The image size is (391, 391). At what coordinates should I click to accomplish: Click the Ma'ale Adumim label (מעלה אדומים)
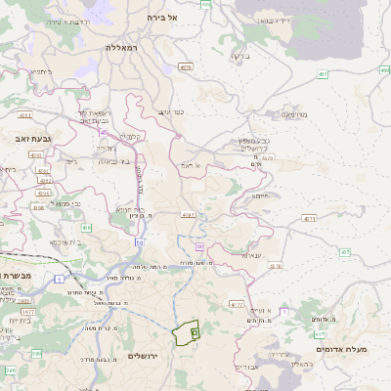341,348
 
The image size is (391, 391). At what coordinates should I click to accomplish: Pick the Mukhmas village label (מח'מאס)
293,114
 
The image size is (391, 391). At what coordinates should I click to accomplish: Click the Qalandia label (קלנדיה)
134,136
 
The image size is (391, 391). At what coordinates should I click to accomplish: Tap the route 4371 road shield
309,218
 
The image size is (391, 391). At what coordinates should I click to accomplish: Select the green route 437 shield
345,252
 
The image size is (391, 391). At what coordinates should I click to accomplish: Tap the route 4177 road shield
237,305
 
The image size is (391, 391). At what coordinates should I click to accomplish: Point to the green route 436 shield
87,228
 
